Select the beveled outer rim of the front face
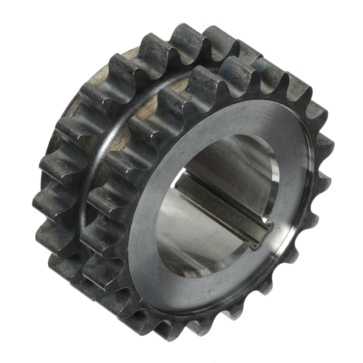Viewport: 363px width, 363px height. point(309,170)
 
